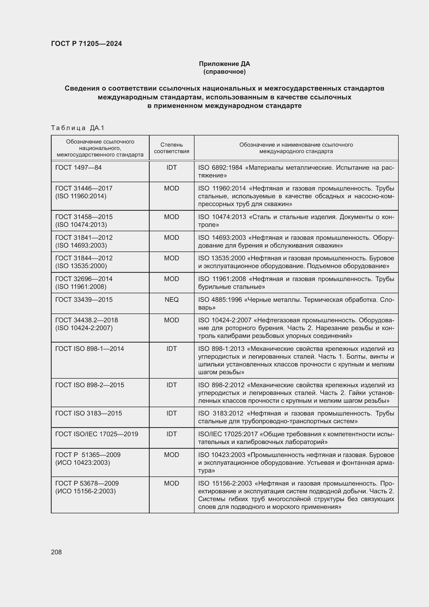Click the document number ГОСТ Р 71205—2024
(86, 44)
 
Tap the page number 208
(56, 552)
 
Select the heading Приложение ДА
(224, 64)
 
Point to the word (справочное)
(224, 72)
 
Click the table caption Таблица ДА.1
(78, 128)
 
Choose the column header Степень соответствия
(171, 148)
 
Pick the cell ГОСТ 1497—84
(78, 168)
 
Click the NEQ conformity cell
(171, 299)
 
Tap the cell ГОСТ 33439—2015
(84, 299)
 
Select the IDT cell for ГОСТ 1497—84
(171, 168)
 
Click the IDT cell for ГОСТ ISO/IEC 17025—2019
(171, 434)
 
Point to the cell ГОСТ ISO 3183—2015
(88, 413)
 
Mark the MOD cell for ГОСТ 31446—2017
(171, 188)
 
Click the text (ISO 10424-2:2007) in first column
(84, 328)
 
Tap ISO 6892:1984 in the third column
(220, 168)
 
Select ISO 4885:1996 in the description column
(220, 299)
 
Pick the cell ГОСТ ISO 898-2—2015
(89, 385)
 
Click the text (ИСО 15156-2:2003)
(85, 491)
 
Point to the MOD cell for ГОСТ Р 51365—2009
(171, 455)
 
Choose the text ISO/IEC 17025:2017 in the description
(228, 434)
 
